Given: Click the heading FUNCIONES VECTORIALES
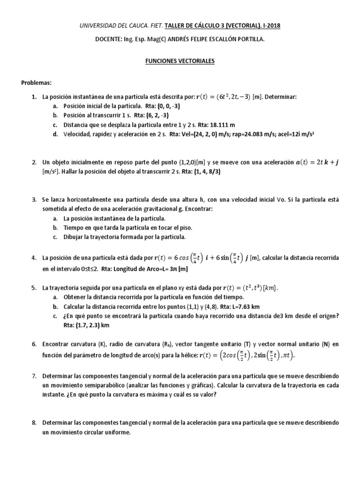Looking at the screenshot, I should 180,61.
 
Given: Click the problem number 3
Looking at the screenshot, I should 34,200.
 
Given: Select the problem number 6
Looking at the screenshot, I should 34,344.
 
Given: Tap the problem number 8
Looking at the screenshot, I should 34,423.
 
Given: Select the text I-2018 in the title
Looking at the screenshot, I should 271,26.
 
